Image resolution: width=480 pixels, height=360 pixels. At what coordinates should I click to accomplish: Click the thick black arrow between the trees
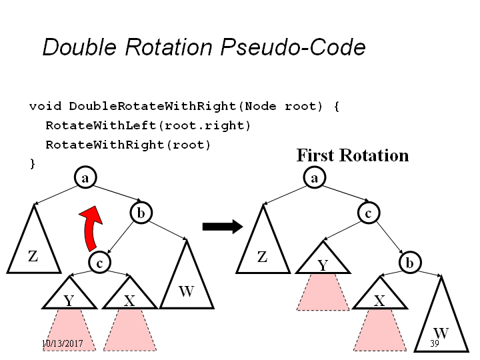click(x=223, y=227)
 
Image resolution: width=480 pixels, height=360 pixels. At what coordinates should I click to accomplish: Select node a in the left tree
click(x=85, y=177)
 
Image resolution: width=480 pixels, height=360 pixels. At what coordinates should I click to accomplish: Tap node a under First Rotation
click(x=315, y=177)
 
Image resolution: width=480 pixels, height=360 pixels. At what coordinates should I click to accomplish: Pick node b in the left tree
click(x=141, y=213)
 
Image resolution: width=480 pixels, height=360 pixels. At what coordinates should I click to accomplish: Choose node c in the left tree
click(x=99, y=263)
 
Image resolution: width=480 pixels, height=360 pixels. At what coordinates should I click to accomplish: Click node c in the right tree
click(x=369, y=213)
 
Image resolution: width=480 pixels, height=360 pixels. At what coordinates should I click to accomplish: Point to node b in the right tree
click(x=410, y=263)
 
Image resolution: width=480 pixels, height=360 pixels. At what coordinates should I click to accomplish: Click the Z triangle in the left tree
click(x=34, y=248)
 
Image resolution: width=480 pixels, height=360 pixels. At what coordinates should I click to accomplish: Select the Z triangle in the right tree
click(x=263, y=248)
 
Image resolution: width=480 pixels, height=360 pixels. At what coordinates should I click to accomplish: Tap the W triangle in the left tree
click(x=187, y=281)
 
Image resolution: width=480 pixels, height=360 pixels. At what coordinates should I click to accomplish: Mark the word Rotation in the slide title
click(x=169, y=47)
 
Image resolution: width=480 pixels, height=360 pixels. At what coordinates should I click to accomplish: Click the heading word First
click(x=315, y=155)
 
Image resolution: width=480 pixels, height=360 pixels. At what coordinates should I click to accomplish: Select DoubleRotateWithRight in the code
click(x=153, y=106)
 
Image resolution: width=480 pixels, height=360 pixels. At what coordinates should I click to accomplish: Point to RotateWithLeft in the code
click(x=101, y=125)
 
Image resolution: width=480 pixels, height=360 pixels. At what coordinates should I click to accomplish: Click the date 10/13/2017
click(x=63, y=343)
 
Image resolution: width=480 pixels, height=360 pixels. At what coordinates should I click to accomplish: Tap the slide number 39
click(x=435, y=343)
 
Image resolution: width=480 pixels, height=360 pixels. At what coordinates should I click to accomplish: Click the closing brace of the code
click(x=33, y=164)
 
